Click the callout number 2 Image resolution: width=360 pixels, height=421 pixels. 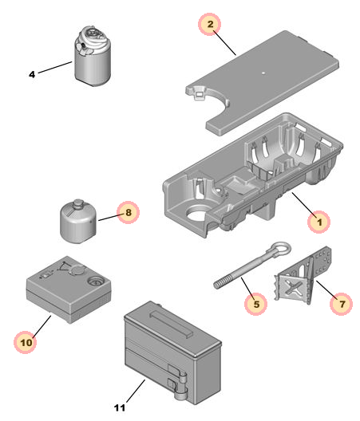210,24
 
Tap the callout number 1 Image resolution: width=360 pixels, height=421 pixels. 319,222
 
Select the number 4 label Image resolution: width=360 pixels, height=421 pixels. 32,74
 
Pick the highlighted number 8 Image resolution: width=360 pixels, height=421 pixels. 129,212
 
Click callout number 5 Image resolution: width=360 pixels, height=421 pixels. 256,305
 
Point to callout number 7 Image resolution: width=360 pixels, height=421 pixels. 342,304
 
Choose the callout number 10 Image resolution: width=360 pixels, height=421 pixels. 26,343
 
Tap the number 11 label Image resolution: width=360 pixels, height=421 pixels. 120,407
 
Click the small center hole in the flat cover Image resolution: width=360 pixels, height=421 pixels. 263,73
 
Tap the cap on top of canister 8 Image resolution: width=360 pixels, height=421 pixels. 78,203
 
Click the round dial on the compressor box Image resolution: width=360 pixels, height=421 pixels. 95,282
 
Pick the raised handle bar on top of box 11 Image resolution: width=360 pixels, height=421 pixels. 171,325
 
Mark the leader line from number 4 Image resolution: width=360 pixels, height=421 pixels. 55,67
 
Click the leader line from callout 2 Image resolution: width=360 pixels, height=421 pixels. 225,43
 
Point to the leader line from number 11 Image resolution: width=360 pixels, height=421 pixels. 136,391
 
